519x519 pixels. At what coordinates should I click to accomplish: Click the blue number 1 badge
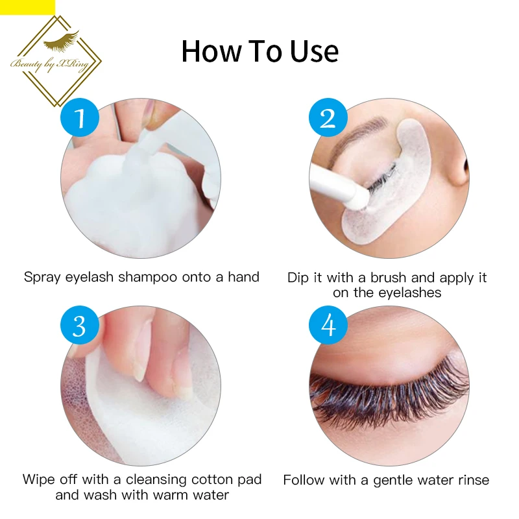tap(80, 117)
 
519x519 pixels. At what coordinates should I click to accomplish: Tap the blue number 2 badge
tap(328, 117)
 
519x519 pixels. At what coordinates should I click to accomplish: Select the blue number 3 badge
tap(80, 325)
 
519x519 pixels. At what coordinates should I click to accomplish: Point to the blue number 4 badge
tap(328, 325)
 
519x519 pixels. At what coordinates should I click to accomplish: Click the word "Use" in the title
tap(315, 51)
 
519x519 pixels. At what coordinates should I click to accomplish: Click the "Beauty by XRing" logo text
tap(50, 64)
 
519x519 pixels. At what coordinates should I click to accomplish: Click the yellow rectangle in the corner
tap(27, 7)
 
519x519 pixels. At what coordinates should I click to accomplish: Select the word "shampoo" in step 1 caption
tap(148, 278)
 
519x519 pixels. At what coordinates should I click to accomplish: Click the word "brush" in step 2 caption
tap(389, 278)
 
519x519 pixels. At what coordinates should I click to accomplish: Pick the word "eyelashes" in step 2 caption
tap(410, 293)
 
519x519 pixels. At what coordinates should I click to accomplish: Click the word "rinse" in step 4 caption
tap(474, 480)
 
